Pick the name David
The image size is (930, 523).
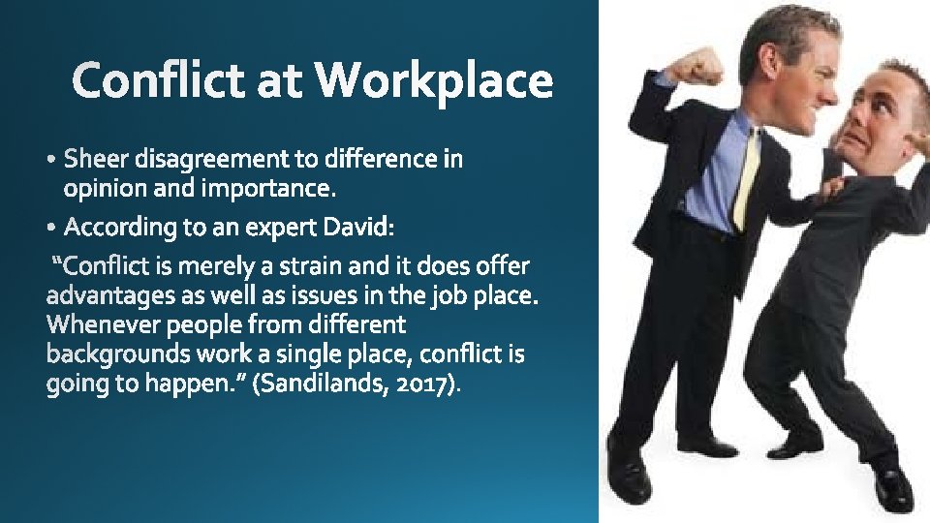(x=358, y=228)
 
